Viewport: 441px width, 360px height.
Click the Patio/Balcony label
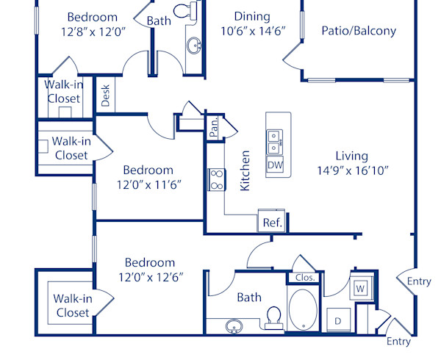click(x=359, y=31)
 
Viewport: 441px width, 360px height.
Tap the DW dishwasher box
click(x=275, y=165)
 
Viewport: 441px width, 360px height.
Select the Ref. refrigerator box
click(x=272, y=222)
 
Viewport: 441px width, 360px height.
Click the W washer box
click(x=360, y=287)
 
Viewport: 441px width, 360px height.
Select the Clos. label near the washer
click(x=305, y=278)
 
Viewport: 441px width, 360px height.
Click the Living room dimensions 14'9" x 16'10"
click(x=351, y=170)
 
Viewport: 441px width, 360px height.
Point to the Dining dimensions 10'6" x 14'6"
click(x=252, y=30)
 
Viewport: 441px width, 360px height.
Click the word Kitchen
click(x=245, y=170)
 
